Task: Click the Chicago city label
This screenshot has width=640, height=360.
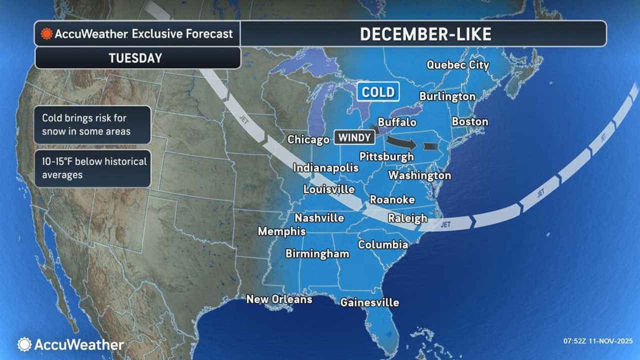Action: click(308, 139)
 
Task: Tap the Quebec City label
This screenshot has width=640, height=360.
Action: click(457, 65)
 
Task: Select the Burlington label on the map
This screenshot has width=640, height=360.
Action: click(447, 96)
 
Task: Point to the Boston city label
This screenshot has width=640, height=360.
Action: click(469, 121)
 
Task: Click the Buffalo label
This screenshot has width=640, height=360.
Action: click(397, 122)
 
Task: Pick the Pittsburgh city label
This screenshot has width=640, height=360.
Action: click(386, 156)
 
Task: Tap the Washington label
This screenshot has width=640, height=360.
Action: click(419, 175)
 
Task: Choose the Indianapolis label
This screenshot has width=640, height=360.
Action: click(325, 167)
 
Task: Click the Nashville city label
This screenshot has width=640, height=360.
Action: click(319, 218)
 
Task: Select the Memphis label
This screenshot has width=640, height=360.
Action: click(281, 231)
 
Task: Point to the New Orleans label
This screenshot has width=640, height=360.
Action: click(279, 299)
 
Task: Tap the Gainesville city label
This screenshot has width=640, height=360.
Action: click(369, 302)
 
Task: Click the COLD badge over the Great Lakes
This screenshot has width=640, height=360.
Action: click(378, 92)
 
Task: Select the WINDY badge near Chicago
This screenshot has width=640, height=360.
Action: click(354, 137)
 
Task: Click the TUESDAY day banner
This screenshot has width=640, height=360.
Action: click(135, 58)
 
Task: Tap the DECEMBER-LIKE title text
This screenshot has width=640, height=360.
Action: click(425, 33)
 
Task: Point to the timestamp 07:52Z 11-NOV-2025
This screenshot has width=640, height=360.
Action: click(597, 341)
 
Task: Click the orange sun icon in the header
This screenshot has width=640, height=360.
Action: click(47, 34)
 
